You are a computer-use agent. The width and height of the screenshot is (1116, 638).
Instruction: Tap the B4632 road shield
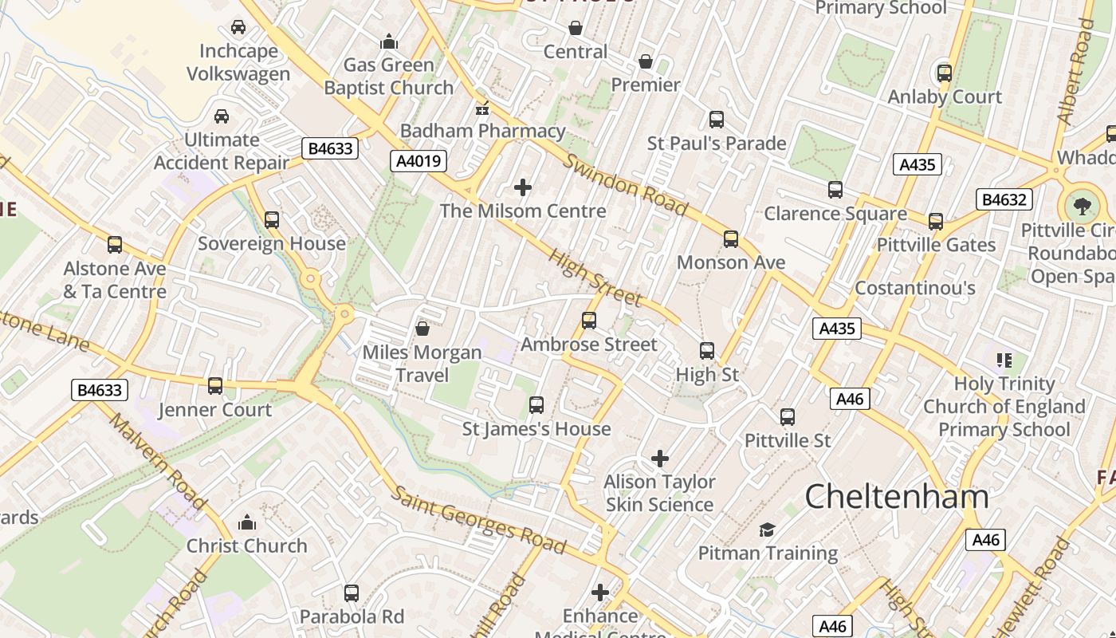tap(1004, 199)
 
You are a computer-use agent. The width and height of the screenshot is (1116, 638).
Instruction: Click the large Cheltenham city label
tap(897, 497)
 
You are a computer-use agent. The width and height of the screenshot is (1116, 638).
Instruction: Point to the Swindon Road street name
tap(626, 186)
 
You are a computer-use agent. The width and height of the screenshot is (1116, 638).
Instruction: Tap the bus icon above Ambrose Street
tap(589, 321)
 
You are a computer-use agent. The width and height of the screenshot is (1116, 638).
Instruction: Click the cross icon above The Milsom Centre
tap(523, 187)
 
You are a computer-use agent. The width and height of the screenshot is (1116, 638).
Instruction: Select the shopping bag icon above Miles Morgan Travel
tap(422, 329)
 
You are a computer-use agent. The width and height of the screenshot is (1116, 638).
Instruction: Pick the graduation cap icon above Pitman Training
tap(767, 530)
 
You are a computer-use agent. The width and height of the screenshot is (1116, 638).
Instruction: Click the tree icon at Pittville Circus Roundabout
tap(1082, 207)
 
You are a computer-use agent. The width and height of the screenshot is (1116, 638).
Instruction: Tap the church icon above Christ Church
tap(247, 522)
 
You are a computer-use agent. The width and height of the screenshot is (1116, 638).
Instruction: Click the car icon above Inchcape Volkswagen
tap(238, 27)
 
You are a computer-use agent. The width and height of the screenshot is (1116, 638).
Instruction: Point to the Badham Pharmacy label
tap(483, 131)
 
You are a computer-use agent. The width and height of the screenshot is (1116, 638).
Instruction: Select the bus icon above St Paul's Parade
tap(717, 120)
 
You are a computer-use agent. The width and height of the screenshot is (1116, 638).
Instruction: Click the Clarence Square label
tap(835, 214)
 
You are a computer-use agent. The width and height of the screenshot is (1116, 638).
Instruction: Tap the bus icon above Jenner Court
tap(215, 386)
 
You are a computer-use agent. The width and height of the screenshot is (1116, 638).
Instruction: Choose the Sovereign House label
tap(272, 243)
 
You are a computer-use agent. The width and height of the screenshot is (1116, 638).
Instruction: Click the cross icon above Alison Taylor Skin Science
tap(660, 459)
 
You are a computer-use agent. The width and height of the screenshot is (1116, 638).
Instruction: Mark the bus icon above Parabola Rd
tap(352, 593)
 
